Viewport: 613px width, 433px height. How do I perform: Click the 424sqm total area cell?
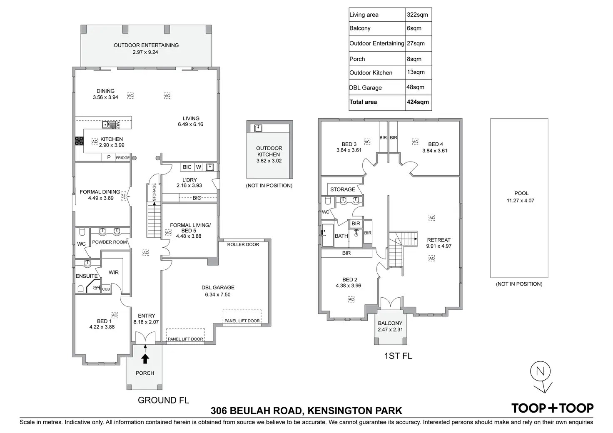click(418, 102)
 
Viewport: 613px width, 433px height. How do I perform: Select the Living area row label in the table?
click(364, 15)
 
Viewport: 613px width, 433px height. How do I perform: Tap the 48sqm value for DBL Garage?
click(415, 87)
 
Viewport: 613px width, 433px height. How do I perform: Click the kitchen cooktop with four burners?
click(79, 141)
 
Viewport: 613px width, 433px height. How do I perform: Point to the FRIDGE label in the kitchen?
click(122, 158)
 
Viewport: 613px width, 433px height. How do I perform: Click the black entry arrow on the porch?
click(145, 358)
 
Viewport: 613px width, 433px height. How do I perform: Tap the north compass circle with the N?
click(540, 371)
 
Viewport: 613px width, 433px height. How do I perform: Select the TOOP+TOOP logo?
click(552, 408)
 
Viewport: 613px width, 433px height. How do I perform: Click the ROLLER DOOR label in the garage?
click(243, 244)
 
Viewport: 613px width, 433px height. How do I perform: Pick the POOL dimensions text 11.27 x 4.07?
click(520, 201)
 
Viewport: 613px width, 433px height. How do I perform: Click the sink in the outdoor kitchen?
click(258, 128)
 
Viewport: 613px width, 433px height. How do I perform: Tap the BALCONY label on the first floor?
click(390, 323)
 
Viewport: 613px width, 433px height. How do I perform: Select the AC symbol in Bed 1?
click(115, 315)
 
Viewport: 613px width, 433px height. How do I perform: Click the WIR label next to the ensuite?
click(114, 272)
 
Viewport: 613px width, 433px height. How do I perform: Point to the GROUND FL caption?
click(163, 400)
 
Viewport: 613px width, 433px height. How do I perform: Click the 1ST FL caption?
click(398, 356)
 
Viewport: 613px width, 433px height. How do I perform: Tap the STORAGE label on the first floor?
click(342, 189)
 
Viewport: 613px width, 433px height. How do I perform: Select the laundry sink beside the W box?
click(210, 167)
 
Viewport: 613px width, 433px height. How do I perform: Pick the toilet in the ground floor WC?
click(82, 232)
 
